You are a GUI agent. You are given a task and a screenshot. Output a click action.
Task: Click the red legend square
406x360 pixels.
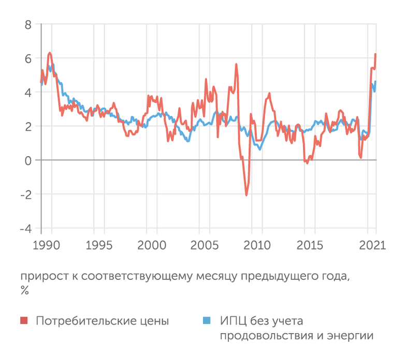tap(24, 321)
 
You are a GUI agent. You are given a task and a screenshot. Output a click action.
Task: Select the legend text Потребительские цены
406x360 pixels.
tap(102, 321)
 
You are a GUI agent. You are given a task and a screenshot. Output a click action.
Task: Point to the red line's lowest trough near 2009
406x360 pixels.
tap(246, 195)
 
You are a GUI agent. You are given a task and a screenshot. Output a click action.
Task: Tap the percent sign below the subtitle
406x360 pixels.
tap(24, 290)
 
